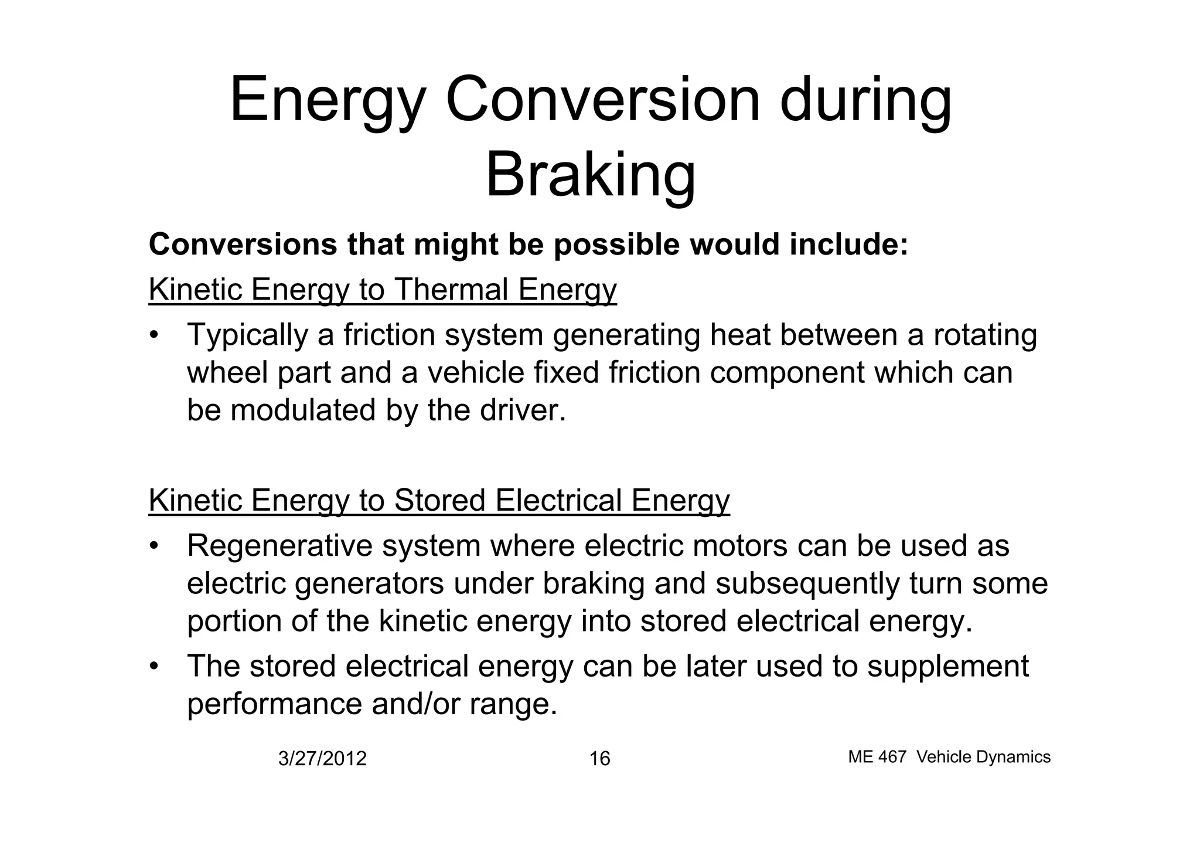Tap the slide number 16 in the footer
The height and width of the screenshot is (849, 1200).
599,759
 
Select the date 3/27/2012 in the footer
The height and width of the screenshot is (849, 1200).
322,759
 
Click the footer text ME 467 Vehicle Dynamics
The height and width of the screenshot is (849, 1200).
949,757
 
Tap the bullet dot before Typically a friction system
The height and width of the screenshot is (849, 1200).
154,335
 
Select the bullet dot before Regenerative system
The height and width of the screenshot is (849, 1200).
154,546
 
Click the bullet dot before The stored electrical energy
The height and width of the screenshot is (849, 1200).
154,667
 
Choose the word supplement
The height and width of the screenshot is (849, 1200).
947,667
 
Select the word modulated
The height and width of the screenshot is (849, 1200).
303,410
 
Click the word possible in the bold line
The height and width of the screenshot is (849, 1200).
616,244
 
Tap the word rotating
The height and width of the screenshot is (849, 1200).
984,335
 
